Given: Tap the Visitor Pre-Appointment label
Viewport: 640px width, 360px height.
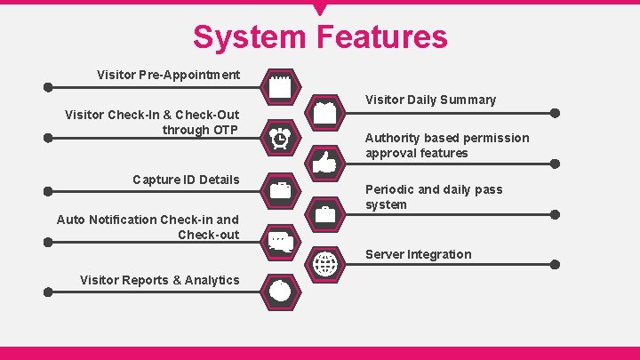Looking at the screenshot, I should (168, 75).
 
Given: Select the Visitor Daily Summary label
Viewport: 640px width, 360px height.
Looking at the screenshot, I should (430, 100).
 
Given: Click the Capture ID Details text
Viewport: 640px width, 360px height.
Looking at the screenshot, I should (186, 180).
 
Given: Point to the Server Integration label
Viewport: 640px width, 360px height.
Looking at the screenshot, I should (418, 254).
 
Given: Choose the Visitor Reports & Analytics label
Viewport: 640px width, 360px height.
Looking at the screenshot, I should (159, 280).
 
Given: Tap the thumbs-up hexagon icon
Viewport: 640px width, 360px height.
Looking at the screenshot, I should (325, 163).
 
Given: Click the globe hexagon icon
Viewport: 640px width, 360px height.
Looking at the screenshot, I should (325, 264).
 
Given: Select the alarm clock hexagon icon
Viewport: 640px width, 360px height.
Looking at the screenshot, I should (280, 138).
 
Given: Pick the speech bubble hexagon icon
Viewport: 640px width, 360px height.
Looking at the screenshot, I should (280, 240).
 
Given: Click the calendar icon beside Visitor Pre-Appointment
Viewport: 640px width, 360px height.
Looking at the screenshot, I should (280, 87).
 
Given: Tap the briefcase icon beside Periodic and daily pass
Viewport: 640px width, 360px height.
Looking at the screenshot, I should (325, 213).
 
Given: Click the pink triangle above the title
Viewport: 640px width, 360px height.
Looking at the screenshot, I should (320, 10).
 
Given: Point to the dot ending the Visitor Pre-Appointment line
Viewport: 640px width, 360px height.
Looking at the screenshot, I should (48, 88).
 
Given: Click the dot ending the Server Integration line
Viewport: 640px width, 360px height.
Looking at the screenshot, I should (556, 265).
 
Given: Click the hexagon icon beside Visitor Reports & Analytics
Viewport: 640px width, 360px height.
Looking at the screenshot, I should (280, 291).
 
